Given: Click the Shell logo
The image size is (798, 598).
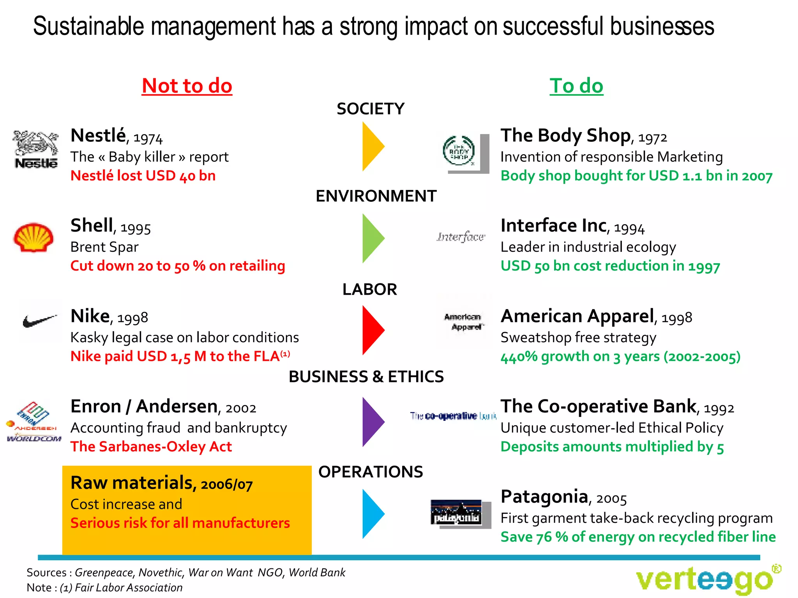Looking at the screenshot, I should tap(34, 237).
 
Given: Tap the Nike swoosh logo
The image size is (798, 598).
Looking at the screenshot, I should tap(39, 321).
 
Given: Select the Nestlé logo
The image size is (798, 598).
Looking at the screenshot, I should tap(35, 149).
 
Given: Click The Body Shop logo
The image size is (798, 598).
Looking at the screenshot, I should tap(460, 151).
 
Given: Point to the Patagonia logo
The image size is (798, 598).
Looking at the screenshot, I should tap(457, 513).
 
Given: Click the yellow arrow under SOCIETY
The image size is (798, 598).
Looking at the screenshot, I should tap(372, 146).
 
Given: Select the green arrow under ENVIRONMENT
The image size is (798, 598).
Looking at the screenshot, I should tap(372, 238).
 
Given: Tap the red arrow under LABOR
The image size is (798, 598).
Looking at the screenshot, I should tap(372, 330).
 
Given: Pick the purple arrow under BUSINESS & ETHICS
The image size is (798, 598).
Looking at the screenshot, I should tap(372, 422).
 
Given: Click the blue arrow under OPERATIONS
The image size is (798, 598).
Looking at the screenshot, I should tap(372, 514).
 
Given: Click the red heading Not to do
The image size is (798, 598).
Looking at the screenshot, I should tap(187, 86).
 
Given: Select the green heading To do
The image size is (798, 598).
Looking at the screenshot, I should tap(576, 86).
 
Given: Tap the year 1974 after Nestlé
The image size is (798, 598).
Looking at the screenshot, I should tap(148, 138).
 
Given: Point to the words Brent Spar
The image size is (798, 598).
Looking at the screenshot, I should tap(104, 247).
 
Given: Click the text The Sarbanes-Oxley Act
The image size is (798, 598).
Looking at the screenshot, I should tap(151, 447).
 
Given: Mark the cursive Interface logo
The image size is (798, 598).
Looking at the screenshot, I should tap(461, 237).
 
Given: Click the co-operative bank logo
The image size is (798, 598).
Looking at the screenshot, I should tap(453, 416).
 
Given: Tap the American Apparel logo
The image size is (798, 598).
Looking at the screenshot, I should tap(463, 322).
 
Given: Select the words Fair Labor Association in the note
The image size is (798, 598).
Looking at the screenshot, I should tap(129, 587).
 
